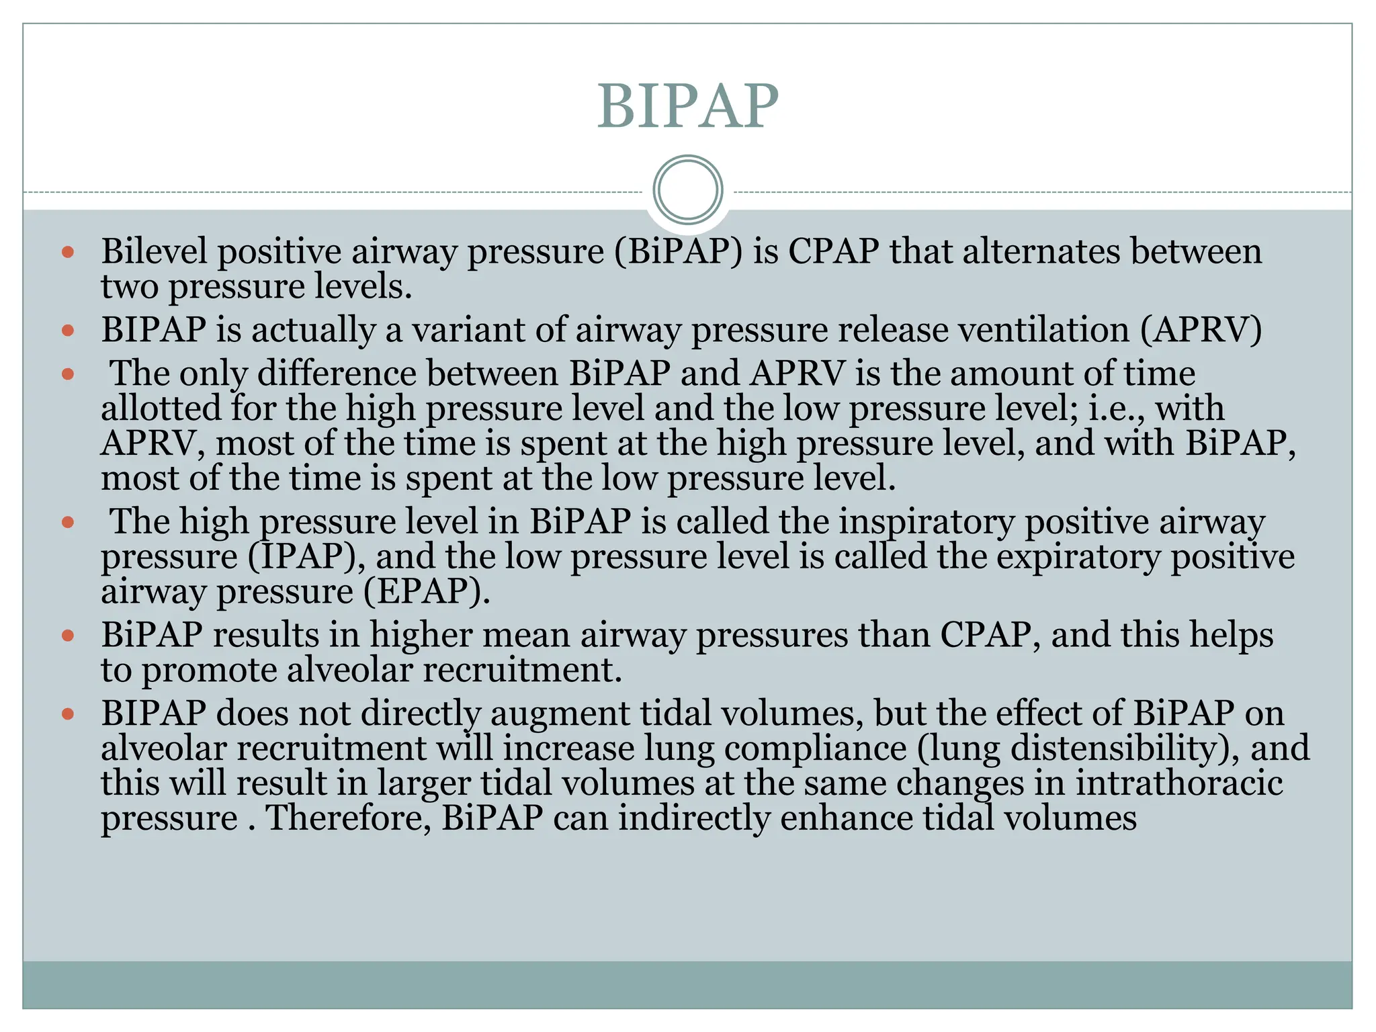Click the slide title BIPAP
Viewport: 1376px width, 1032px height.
click(687, 106)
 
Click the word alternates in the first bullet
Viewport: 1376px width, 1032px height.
click(1041, 251)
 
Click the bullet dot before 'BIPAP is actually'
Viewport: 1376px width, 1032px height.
click(67, 331)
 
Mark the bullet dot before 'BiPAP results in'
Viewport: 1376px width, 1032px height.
click(67, 636)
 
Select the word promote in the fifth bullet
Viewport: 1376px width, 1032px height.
click(209, 670)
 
